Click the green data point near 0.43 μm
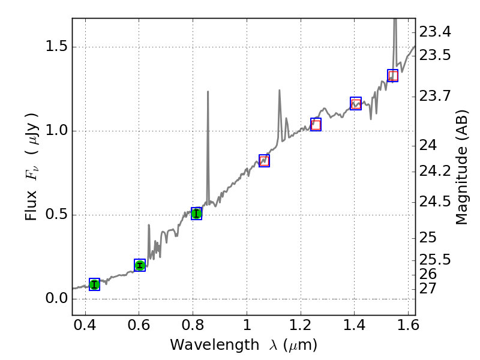94,284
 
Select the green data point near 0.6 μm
140,265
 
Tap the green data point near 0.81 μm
196,214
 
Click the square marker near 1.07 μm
264,161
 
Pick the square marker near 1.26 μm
316,124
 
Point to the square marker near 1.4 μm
356,103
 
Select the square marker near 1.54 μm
392,76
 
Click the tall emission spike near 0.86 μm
208,92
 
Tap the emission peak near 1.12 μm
280,91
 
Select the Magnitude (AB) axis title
461,175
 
